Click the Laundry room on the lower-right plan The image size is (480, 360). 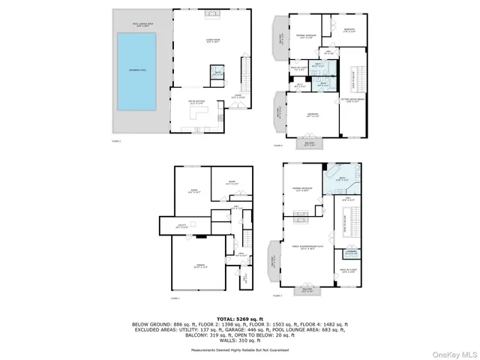click(352, 253)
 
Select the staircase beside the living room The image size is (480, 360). click(245, 74)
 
